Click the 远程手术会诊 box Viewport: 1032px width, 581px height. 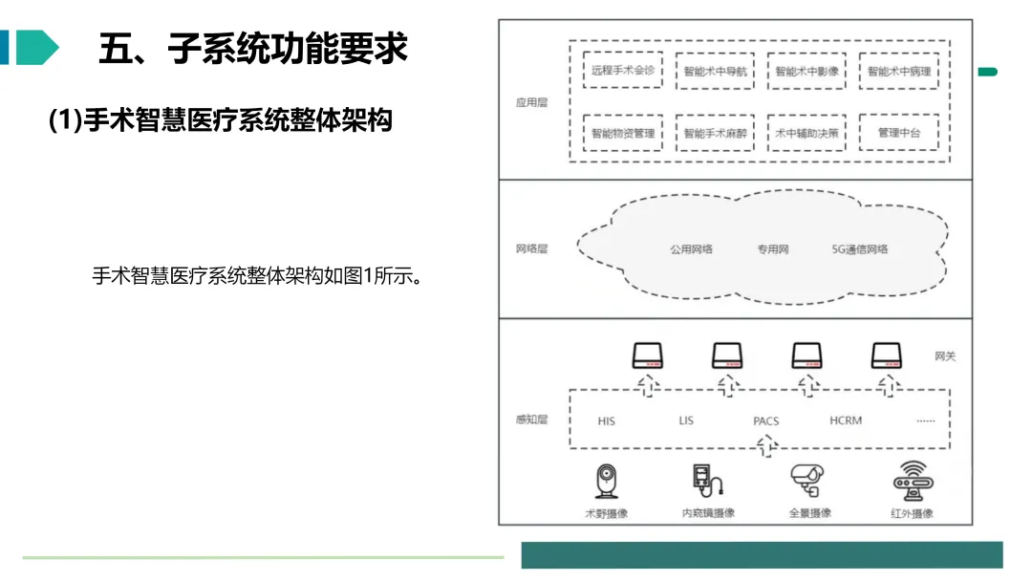(623, 71)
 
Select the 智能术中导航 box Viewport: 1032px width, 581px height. (715, 72)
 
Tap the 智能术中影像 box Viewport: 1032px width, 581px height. (806, 72)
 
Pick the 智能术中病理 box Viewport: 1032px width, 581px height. (898, 72)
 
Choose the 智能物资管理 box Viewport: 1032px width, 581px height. (623, 133)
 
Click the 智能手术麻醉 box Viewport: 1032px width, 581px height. (715, 133)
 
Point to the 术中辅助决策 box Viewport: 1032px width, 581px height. (806, 133)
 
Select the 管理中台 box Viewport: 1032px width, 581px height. (898, 133)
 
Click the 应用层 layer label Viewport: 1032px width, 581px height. (532, 102)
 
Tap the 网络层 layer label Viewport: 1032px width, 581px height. (532, 249)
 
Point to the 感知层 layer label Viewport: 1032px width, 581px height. (532, 420)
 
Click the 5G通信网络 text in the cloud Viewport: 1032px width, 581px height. (860, 249)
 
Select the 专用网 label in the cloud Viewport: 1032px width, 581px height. (773, 249)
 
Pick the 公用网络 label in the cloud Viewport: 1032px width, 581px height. (691, 249)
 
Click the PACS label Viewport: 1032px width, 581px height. (766, 420)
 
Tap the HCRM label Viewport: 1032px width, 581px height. (846, 420)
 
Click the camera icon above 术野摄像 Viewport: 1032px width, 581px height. (607, 481)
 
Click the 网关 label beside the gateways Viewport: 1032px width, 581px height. (945, 356)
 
